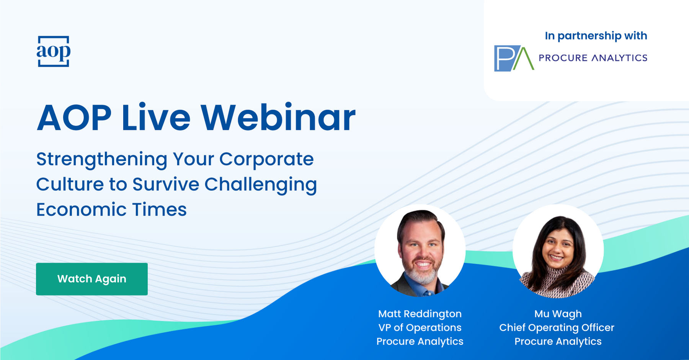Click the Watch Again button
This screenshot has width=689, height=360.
click(x=92, y=279)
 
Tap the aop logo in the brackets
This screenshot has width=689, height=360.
click(x=54, y=51)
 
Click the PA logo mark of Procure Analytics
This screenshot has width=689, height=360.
click(x=514, y=58)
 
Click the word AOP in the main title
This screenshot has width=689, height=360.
click(x=74, y=118)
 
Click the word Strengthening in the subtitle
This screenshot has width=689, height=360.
click(x=102, y=160)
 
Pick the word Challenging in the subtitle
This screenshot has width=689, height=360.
click(x=261, y=185)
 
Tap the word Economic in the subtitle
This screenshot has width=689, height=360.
click(x=81, y=209)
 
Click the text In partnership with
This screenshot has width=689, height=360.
click(x=596, y=36)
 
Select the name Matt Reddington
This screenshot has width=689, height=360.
click(x=420, y=314)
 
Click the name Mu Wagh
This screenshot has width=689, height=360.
click(x=558, y=314)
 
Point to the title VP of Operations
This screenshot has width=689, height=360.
click(x=420, y=328)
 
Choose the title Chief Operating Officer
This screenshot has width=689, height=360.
click(x=557, y=328)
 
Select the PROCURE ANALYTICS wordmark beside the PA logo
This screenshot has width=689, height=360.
click(x=593, y=58)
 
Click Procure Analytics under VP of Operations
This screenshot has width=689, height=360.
click(x=420, y=342)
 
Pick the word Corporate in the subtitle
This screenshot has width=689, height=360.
click(x=266, y=160)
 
